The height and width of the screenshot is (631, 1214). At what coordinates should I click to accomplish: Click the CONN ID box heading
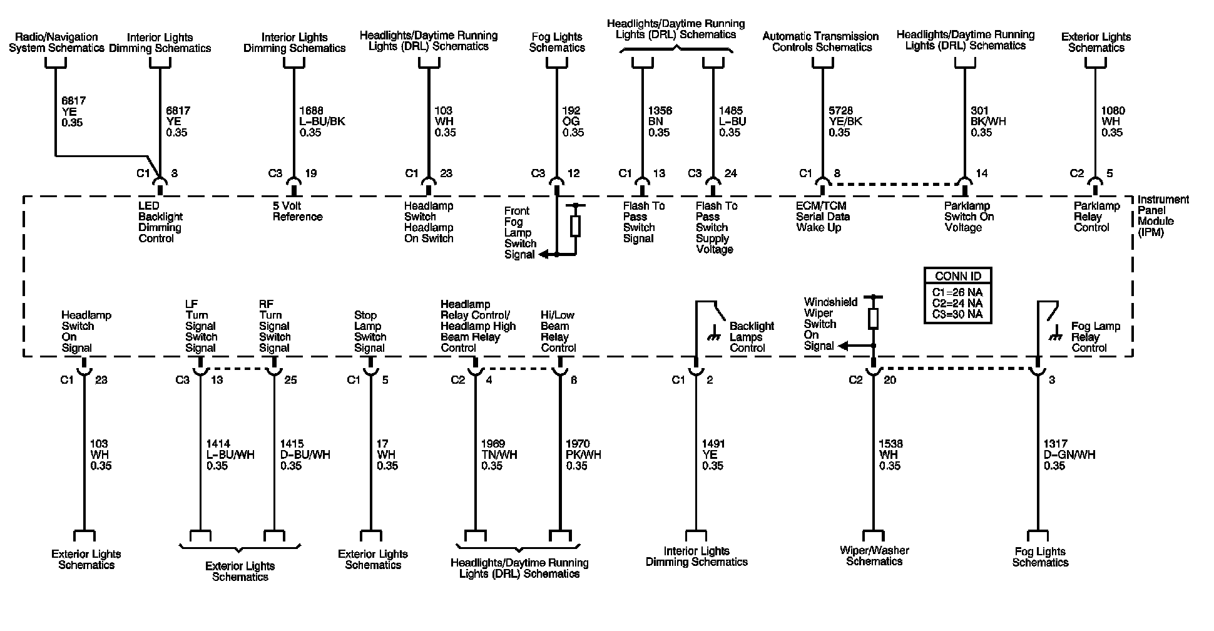957,276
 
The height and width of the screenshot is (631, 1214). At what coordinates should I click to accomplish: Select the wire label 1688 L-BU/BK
322,121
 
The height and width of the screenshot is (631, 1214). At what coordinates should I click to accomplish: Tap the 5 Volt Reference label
297,212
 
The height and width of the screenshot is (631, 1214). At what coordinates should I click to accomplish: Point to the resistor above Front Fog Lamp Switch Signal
576,226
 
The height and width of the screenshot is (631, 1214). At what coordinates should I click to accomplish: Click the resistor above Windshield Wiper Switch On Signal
874,318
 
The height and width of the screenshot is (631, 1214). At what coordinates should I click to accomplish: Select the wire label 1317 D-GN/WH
1069,454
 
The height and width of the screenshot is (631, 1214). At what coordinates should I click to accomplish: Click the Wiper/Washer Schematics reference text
874,556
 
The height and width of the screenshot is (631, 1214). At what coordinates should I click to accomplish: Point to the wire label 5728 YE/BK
845,121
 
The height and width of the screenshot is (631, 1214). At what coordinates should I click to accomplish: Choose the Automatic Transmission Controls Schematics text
820,42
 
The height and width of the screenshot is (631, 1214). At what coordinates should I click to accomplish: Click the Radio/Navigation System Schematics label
56,43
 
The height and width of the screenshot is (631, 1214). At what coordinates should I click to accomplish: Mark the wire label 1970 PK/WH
583,454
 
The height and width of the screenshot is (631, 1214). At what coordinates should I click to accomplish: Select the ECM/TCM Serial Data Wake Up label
823,217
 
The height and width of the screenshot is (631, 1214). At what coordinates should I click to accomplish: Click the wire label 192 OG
572,121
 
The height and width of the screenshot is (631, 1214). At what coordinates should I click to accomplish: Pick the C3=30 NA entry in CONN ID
957,314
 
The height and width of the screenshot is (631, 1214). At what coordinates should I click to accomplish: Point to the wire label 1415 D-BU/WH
305,454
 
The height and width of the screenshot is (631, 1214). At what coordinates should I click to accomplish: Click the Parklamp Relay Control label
1097,217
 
